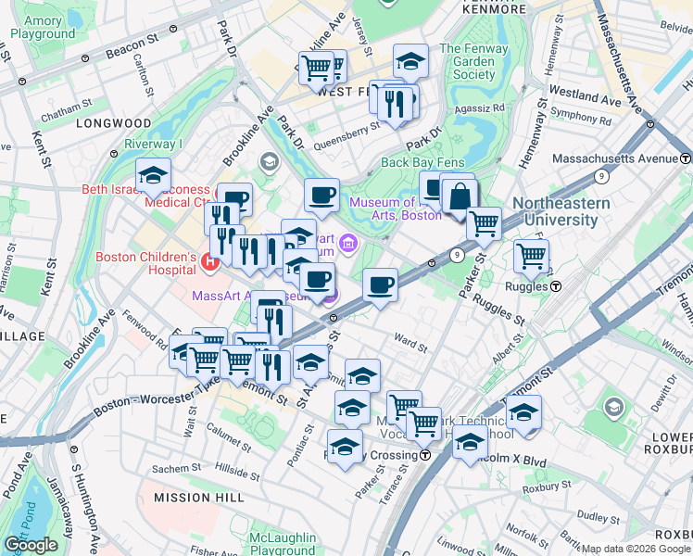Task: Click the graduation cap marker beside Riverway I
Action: (154, 176)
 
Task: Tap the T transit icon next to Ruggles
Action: (555, 286)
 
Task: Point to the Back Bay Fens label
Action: (422, 163)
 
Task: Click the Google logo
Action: (31, 545)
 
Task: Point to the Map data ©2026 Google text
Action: (636, 549)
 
